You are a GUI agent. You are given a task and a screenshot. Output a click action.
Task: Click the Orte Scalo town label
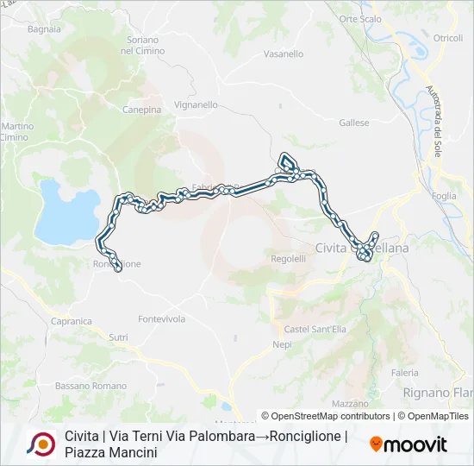pos(360,19)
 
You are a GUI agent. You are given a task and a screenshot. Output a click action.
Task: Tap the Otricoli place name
pos(448,38)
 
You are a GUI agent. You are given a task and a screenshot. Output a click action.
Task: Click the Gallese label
pos(354,123)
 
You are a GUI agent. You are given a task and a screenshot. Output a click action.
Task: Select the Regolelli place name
pos(288,258)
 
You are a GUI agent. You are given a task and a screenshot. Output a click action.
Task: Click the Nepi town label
pos(282,344)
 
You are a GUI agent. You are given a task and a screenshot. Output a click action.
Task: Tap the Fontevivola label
pos(162,318)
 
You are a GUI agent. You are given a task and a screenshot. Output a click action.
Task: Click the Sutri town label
pos(118,337)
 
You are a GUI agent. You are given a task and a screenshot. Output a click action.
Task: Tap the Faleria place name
pos(405,373)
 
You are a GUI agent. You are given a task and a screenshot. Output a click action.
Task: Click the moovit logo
pos(408,444)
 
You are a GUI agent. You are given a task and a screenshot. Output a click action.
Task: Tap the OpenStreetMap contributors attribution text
pos(332,416)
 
